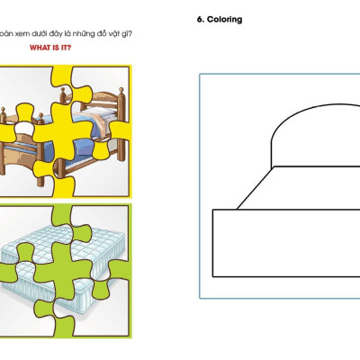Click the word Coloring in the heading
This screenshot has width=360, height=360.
click(224, 20)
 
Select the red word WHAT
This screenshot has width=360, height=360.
click(40, 48)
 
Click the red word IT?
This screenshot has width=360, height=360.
click(66, 48)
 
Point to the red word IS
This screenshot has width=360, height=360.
click(55, 48)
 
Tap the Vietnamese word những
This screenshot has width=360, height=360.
click(85, 34)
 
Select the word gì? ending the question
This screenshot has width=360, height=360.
click(127, 34)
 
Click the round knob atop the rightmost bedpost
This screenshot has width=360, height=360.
click(121, 90)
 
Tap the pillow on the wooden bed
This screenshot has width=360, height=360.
click(99, 112)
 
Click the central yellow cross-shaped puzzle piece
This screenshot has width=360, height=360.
click(62, 131)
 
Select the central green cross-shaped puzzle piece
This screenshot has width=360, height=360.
click(63, 271)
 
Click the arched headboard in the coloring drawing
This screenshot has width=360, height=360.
click(316, 135)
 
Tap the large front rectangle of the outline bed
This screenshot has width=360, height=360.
click(286, 243)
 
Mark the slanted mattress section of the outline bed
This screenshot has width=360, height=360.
click(300, 188)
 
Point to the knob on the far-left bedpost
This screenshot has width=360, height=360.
click(3, 110)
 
